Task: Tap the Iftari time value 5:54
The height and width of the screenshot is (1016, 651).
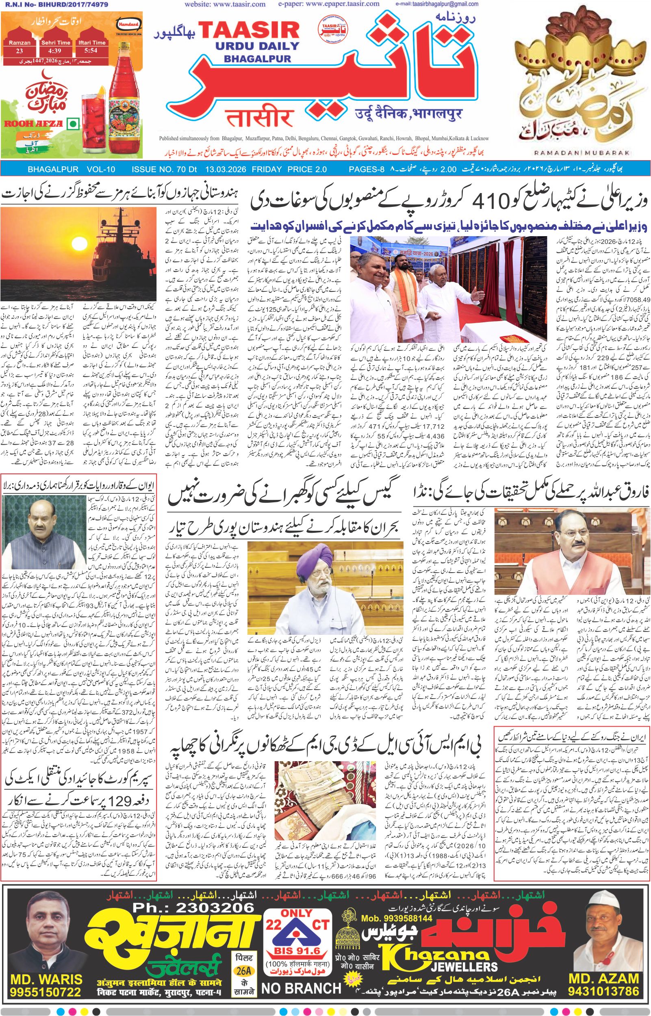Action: (91, 50)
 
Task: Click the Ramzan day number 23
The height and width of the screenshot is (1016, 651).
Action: (20, 50)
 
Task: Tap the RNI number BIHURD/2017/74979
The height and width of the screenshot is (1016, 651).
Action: (54, 4)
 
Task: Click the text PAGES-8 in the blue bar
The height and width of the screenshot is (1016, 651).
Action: (366, 169)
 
